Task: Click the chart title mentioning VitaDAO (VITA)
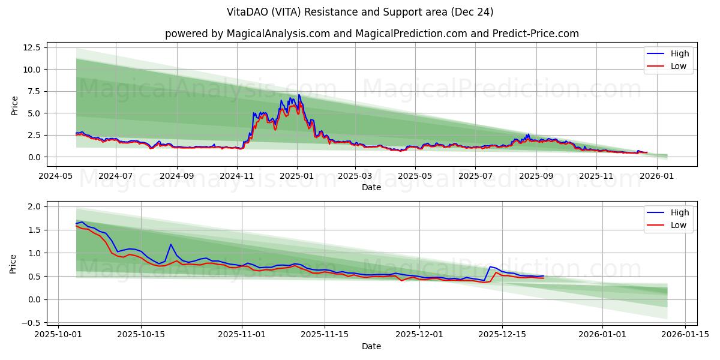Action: click(360, 12)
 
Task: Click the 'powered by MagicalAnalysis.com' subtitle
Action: click(372, 34)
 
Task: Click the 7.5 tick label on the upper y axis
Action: click(32, 91)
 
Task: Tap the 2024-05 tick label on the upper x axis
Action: click(56, 176)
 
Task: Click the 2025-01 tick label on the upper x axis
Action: click(297, 176)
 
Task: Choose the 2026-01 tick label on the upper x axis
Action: click(657, 176)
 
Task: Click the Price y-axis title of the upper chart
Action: click(15, 105)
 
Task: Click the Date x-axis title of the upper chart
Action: click(371, 187)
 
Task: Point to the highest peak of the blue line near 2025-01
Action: click(299, 95)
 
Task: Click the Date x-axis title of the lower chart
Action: click(371, 346)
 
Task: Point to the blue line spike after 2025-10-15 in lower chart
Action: click(171, 244)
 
